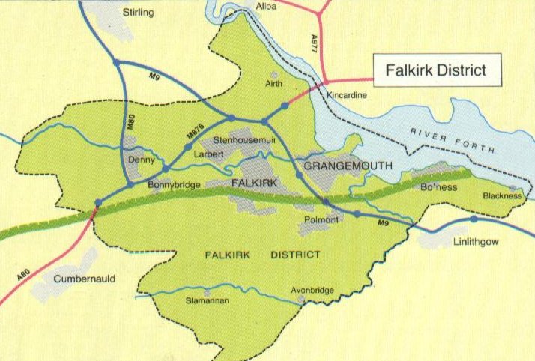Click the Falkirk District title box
click(x=435, y=70)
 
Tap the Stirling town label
click(x=139, y=13)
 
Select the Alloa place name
click(x=266, y=7)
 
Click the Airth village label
click(x=273, y=86)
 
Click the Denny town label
click(x=142, y=160)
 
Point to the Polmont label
click(x=323, y=219)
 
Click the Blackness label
click(x=501, y=196)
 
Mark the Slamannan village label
click(x=206, y=301)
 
